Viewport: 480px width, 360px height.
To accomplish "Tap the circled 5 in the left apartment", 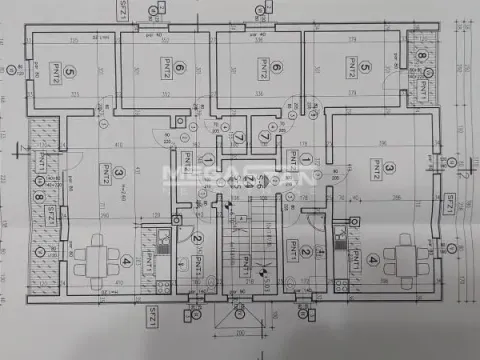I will (69, 73).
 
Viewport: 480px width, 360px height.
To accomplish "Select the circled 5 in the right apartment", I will (366, 68).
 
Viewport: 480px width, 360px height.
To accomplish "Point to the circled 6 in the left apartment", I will (179, 68).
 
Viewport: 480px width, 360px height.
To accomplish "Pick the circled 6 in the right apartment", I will (276, 68).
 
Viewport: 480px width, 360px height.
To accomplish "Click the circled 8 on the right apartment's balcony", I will (421, 56).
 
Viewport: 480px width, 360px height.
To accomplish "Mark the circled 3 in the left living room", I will (119, 173).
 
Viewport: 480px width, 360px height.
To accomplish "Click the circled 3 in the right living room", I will (391, 169).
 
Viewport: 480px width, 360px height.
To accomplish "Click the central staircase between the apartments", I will (246, 250).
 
